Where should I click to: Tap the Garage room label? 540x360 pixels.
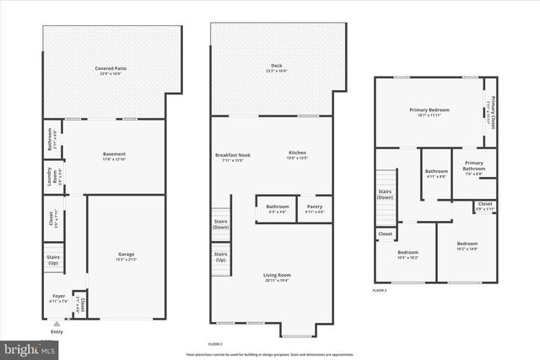[x=127, y=255]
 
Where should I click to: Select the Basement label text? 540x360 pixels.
[x=114, y=154]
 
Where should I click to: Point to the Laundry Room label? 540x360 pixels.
[x=51, y=179]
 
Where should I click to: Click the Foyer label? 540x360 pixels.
[x=58, y=297]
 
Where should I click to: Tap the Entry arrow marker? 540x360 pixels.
[x=56, y=324]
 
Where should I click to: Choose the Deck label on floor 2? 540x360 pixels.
[x=277, y=66]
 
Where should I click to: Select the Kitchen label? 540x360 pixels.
[x=298, y=153]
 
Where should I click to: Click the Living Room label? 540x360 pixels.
[x=277, y=276]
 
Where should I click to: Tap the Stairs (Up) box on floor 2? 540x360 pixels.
[x=220, y=256]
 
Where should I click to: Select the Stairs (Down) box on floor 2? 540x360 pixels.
[x=220, y=224]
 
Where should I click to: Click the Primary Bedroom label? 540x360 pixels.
[x=429, y=110]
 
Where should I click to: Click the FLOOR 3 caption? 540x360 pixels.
[x=381, y=290]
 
